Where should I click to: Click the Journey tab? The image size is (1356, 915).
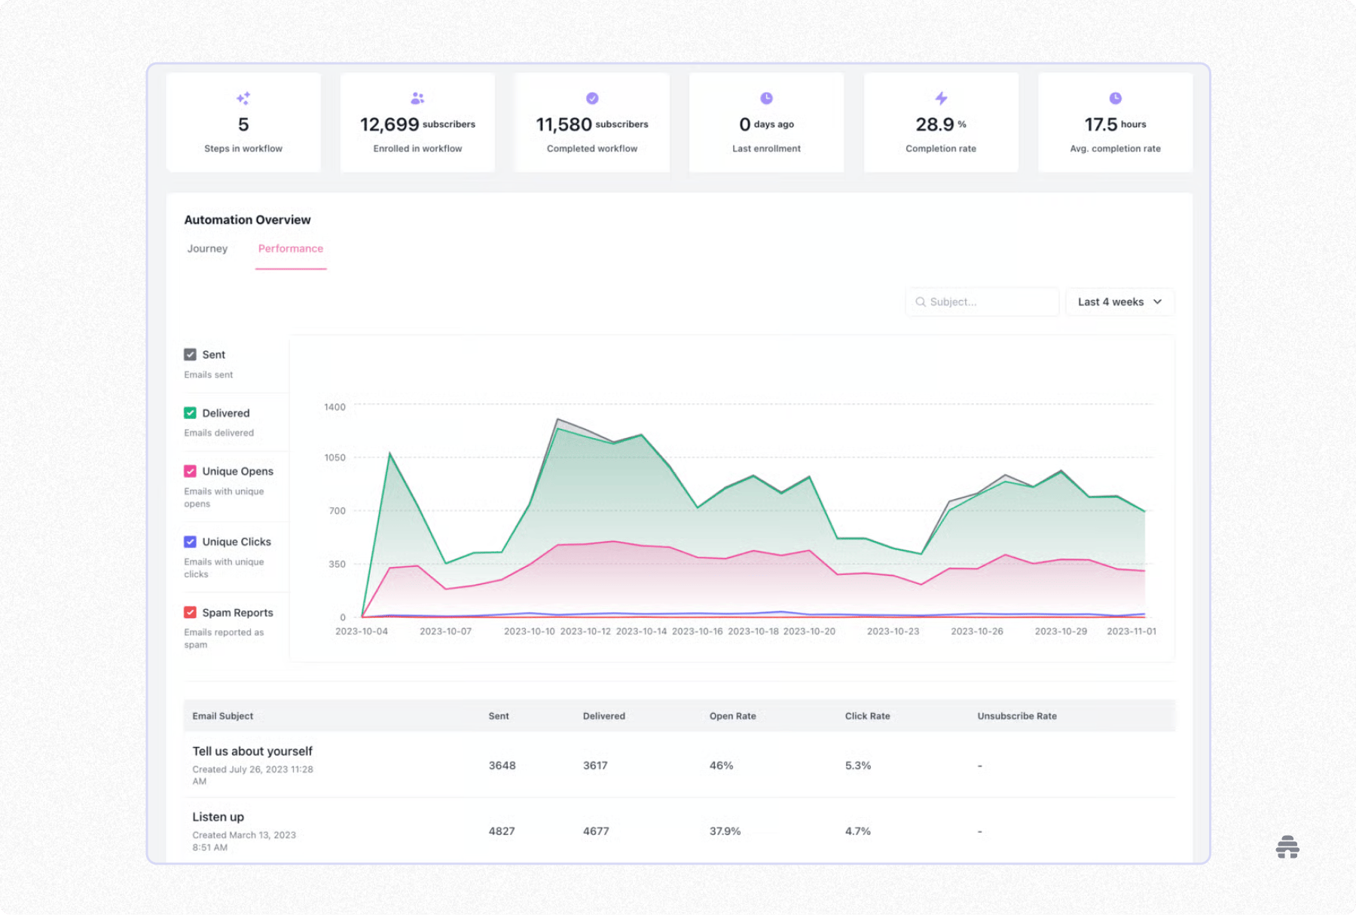(207, 249)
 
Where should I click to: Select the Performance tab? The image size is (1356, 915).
(290, 249)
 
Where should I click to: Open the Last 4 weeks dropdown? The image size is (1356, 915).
(1119, 301)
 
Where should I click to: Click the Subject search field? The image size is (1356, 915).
(982, 301)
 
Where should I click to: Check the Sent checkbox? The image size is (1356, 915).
(190, 354)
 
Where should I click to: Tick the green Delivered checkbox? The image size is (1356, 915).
(190, 413)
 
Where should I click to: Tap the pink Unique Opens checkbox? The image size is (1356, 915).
(190, 471)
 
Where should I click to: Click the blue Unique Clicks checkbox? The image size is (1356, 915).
(190, 542)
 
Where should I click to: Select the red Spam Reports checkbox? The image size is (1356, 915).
(190, 613)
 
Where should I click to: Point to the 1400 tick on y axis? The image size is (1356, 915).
(334, 407)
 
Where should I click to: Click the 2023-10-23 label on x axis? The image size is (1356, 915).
(893, 631)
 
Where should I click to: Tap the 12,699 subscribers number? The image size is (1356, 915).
(389, 124)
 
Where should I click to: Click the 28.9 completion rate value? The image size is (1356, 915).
(935, 124)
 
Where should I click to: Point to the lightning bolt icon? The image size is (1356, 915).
(941, 98)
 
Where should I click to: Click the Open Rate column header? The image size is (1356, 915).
(732, 716)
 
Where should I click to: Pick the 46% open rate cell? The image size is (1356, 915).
(721, 765)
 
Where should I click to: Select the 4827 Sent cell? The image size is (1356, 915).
(502, 831)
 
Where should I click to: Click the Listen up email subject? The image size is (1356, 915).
(218, 817)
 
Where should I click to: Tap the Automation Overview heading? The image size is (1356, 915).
(247, 220)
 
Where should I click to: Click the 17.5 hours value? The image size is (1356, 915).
(1101, 124)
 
